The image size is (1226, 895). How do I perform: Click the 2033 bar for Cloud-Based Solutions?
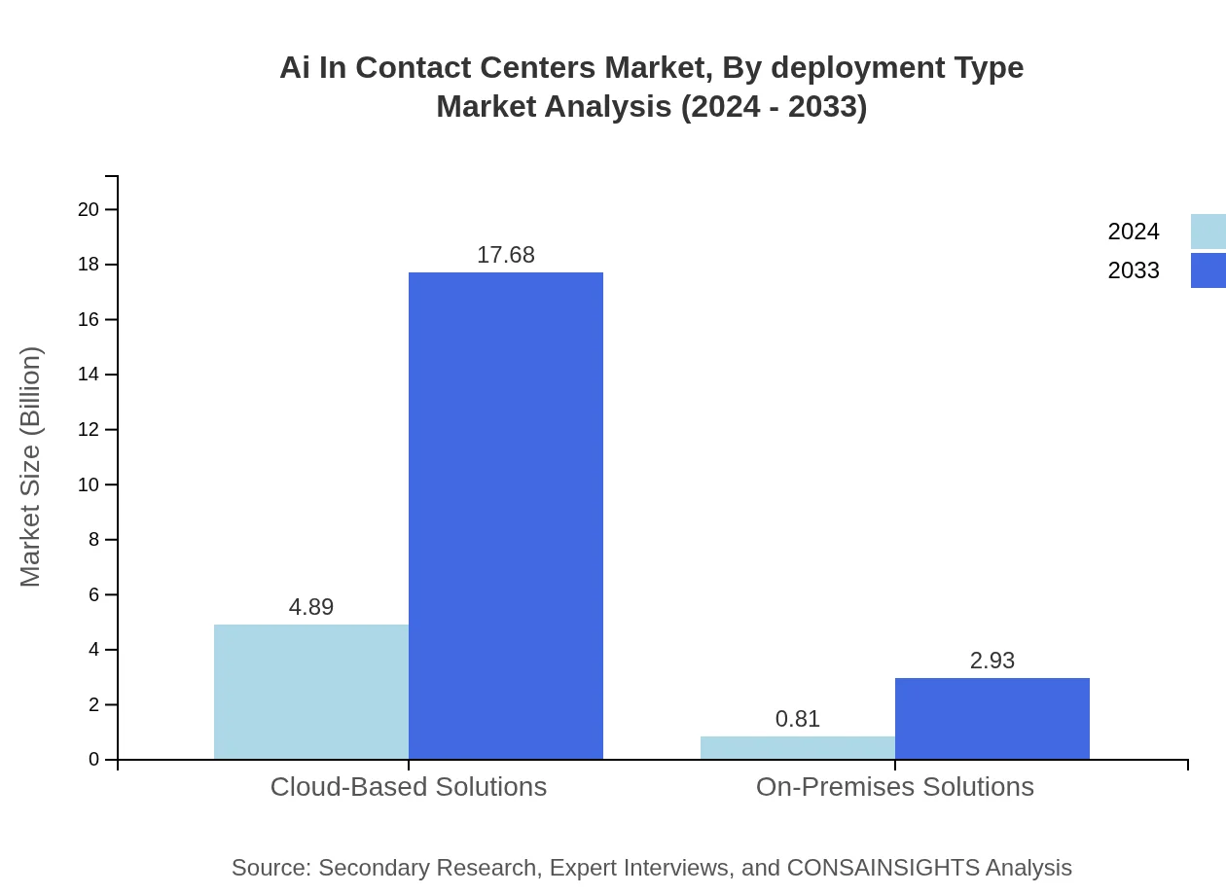coord(506,516)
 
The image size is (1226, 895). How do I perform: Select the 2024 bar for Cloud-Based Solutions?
coord(311,692)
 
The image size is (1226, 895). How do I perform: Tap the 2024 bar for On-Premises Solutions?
coord(798,747)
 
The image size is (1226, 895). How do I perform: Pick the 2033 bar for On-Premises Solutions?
coord(992,718)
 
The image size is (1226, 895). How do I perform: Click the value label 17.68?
coord(506,255)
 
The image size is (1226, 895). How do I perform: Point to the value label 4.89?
coord(311,607)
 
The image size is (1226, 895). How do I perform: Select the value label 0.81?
coord(798,719)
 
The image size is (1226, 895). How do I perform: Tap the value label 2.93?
coord(992,661)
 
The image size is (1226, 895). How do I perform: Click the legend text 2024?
coord(1134,232)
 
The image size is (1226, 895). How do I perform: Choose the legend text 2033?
coord(1134,270)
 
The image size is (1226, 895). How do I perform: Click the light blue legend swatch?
coord(1208,232)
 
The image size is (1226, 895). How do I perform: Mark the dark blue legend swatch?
coord(1208,270)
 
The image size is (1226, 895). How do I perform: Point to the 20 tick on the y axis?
coord(89,209)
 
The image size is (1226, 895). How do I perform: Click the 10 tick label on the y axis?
coord(89,484)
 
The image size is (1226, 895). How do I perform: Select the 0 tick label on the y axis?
coord(94,759)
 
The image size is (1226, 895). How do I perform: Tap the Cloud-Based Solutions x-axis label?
coord(409,786)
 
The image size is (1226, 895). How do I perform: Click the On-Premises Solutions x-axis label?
coord(895,786)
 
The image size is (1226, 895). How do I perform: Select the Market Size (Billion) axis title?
coord(30,467)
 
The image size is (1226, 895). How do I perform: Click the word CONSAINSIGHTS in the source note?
coord(883,868)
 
